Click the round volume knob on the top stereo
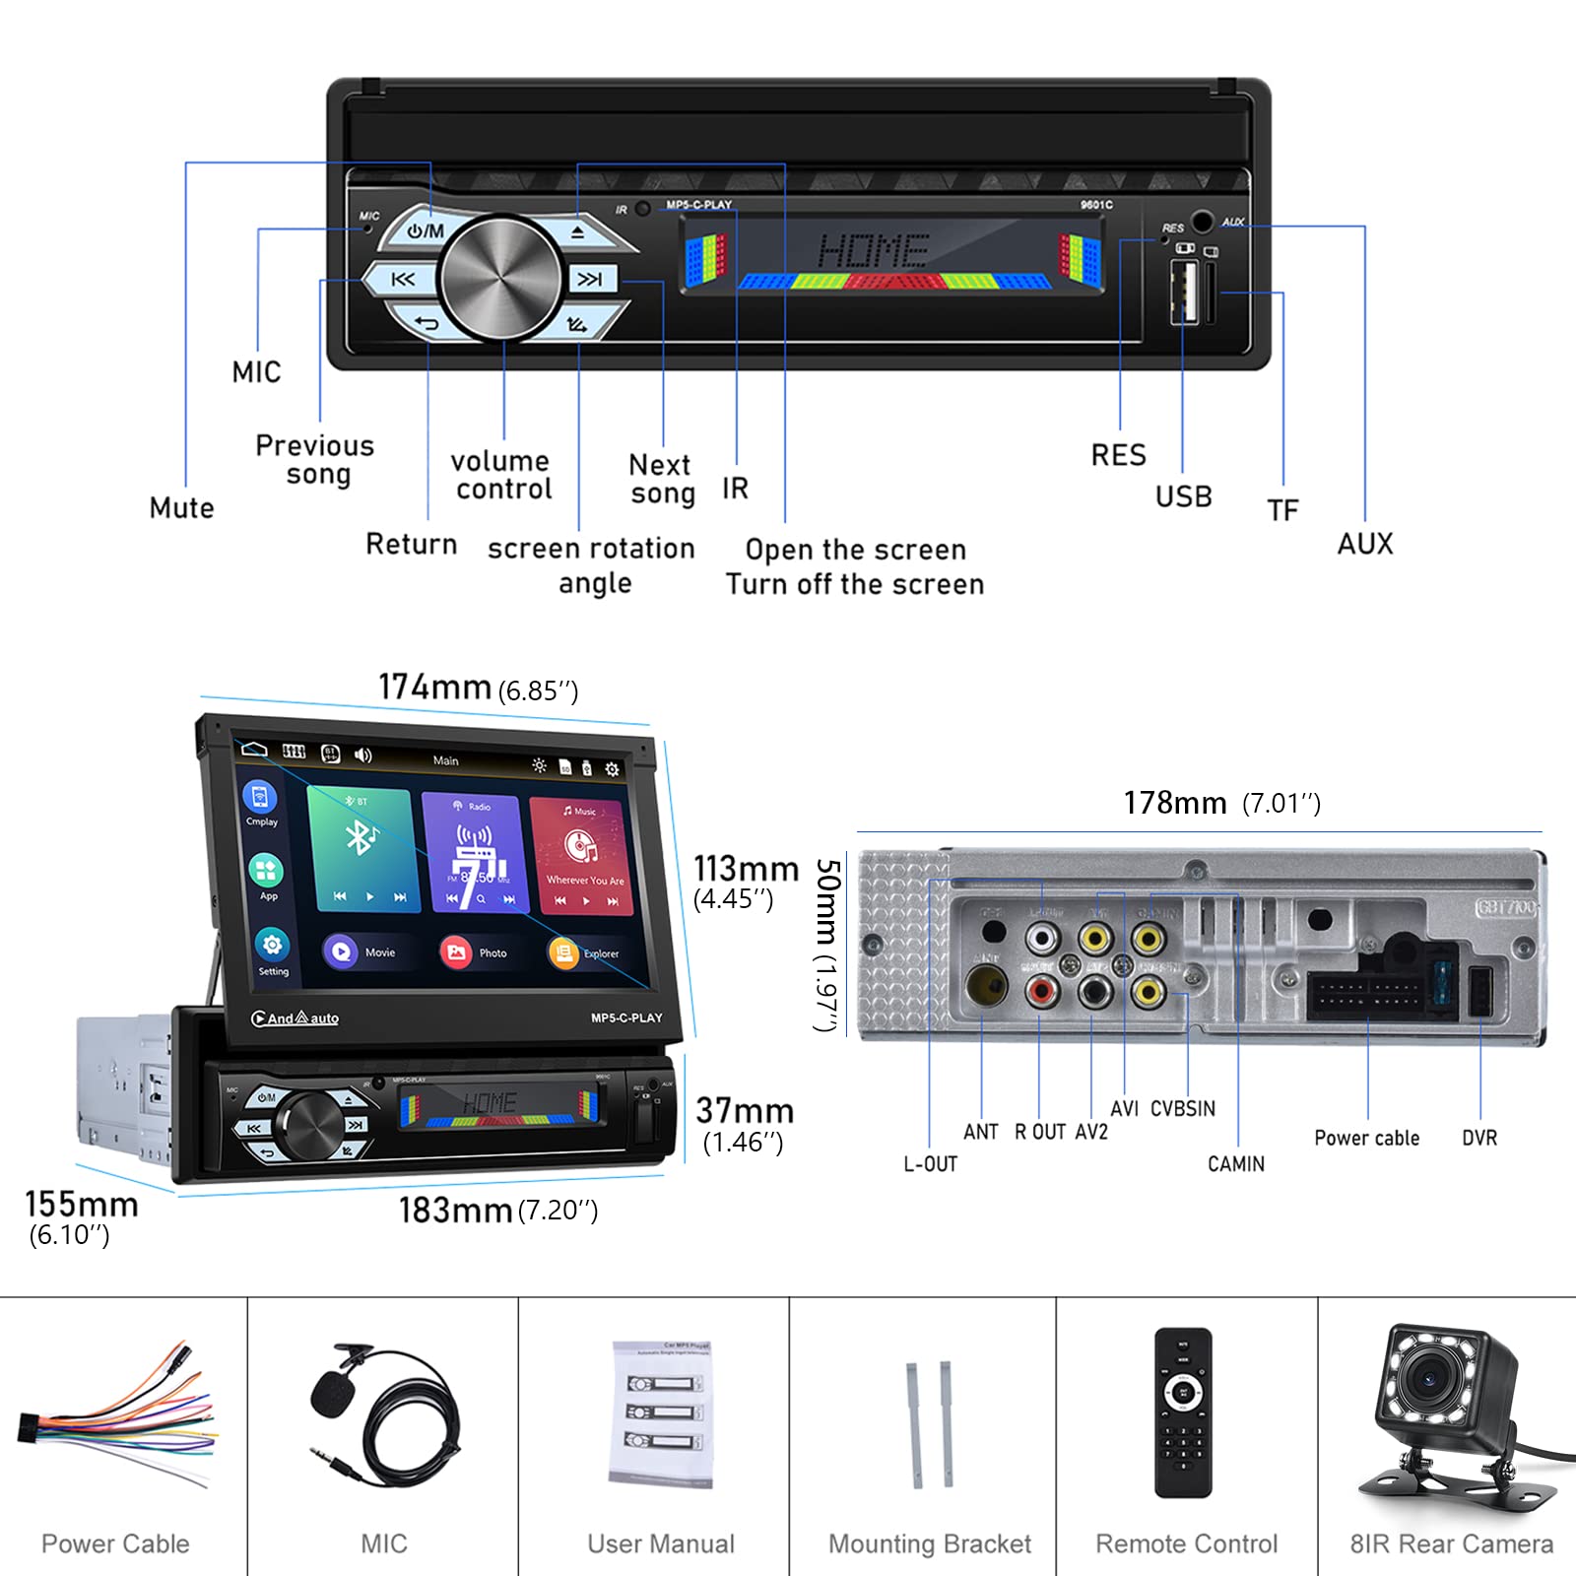click(500, 279)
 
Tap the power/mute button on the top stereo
click(426, 231)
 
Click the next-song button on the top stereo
click(591, 280)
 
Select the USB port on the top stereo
click(1183, 292)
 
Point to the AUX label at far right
click(1364, 544)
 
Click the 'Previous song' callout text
click(315, 460)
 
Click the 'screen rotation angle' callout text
click(592, 565)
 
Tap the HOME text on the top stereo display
click(873, 251)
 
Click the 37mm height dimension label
click(745, 1111)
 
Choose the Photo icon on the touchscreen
click(456, 952)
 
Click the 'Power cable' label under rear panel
click(1366, 1138)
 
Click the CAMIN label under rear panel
click(1235, 1163)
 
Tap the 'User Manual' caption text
click(660, 1543)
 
